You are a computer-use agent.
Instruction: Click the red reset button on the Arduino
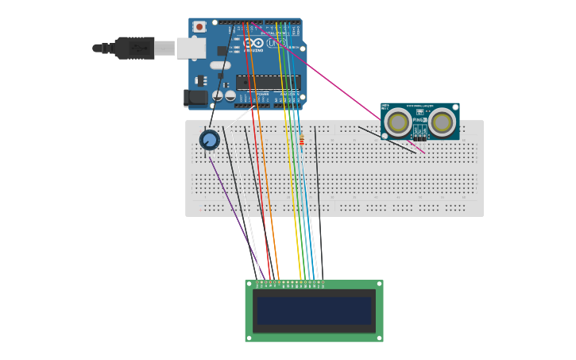(199, 26)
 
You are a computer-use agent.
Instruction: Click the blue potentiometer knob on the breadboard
(209, 140)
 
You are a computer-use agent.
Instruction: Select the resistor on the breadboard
(301, 141)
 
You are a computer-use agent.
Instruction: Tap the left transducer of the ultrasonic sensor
(398, 122)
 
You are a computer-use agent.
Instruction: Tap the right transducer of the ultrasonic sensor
(442, 122)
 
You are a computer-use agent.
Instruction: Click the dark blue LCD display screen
(314, 311)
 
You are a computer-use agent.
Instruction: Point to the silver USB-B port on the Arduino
(191, 48)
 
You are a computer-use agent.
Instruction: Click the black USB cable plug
(135, 48)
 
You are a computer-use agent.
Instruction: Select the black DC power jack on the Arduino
(195, 98)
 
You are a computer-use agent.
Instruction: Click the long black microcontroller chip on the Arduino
(267, 82)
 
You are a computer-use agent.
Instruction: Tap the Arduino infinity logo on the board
(253, 42)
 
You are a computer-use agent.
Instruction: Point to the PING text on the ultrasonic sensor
(419, 120)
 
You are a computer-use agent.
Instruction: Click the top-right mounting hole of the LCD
(379, 284)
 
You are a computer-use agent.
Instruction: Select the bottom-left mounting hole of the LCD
(249, 338)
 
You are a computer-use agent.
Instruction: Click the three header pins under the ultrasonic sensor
(419, 138)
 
